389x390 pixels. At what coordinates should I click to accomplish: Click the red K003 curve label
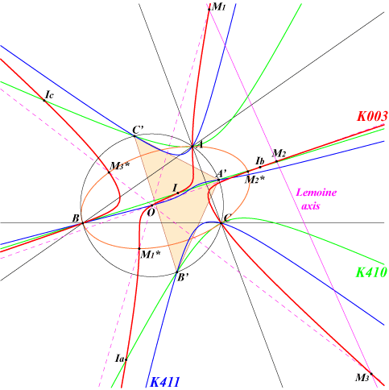point(372,117)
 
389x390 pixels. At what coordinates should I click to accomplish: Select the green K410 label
point(371,272)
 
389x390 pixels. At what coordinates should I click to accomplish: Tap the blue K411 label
point(165,382)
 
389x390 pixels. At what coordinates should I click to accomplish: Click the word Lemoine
point(317,193)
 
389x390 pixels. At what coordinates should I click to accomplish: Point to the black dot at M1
point(209,10)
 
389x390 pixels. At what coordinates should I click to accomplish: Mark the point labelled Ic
point(44,101)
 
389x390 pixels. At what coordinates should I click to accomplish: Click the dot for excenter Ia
point(126,359)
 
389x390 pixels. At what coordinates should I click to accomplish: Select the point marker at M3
point(371,374)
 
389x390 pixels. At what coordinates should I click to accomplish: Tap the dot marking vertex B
point(83,223)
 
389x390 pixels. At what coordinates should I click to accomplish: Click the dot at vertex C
point(221,223)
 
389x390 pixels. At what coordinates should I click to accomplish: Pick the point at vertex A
point(192,147)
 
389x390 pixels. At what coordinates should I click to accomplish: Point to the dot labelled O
point(151,205)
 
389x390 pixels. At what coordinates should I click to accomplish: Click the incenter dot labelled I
point(178,193)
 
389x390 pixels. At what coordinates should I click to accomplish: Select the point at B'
point(177,272)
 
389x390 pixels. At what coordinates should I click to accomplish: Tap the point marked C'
point(134,136)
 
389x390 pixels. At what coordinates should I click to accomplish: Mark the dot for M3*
point(110,172)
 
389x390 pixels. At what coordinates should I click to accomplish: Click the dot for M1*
point(139,249)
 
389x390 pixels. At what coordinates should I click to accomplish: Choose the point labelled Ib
point(260,167)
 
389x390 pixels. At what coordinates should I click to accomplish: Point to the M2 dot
point(276,161)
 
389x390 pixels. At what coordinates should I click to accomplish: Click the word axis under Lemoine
point(311,206)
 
